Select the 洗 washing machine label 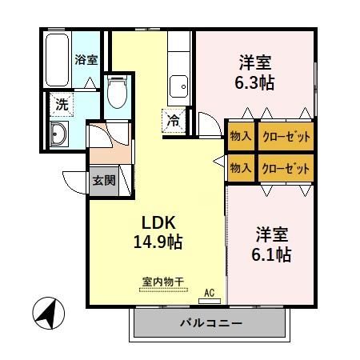(x=62, y=102)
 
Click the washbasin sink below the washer (x=58, y=134)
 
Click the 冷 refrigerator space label (x=174, y=121)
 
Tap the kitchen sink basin (x=178, y=85)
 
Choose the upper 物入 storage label (x=240, y=135)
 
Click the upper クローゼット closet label (x=285, y=135)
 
